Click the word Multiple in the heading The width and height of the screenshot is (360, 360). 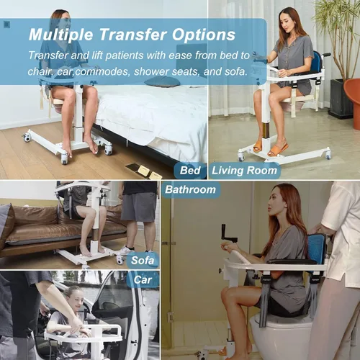coord(60,35)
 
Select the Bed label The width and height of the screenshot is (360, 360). coord(190,171)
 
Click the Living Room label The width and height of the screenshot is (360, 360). coord(244,171)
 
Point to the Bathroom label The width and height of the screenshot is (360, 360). coord(190,189)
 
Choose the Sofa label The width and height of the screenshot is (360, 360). coord(143,261)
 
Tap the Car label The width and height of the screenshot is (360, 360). coord(143,280)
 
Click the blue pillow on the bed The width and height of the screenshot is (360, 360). coord(162,82)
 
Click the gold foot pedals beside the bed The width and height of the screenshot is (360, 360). coord(145,171)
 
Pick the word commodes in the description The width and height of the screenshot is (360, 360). coord(103,72)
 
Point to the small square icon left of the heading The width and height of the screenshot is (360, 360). coord(6,24)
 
